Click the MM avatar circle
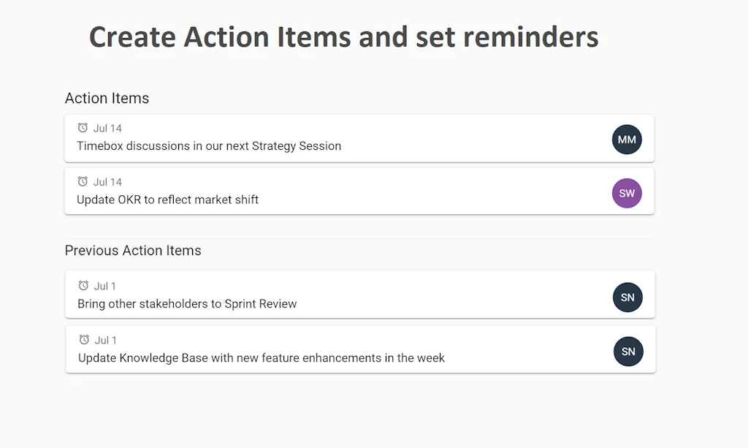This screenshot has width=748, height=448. point(627,140)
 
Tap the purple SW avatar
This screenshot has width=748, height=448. point(627,193)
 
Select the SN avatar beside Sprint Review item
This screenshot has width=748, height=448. point(627,297)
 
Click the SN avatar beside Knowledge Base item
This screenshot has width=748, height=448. point(628,352)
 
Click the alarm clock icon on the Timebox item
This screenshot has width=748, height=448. point(83,128)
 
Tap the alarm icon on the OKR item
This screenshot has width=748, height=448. point(83,181)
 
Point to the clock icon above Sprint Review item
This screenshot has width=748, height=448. point(83,286)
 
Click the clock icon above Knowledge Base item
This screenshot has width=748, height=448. point(84,340)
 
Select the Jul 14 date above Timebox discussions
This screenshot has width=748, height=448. point(107,129)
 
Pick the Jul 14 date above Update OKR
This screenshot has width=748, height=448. point(107,182)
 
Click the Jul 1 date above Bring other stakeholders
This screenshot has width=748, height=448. point(105,286)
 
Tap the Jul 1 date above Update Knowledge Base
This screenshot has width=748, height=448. point(106,341)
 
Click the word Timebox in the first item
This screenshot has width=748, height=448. point(100,146)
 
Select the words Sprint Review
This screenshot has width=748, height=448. point(261,304)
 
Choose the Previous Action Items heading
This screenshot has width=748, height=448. point(133,251)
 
